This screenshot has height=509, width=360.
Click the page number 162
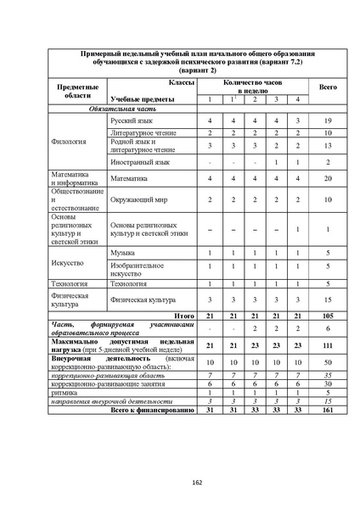196,483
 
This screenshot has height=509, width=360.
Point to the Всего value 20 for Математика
328,179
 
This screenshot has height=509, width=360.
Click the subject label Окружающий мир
138,201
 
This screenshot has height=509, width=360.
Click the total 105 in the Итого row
328,315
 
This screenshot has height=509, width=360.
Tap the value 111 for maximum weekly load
328,345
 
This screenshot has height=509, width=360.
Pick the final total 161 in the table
328,410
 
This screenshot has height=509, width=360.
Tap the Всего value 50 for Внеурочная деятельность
328,361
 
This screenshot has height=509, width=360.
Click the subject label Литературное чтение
143,134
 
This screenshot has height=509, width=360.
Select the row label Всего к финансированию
154,410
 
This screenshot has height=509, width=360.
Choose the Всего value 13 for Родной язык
328,146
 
